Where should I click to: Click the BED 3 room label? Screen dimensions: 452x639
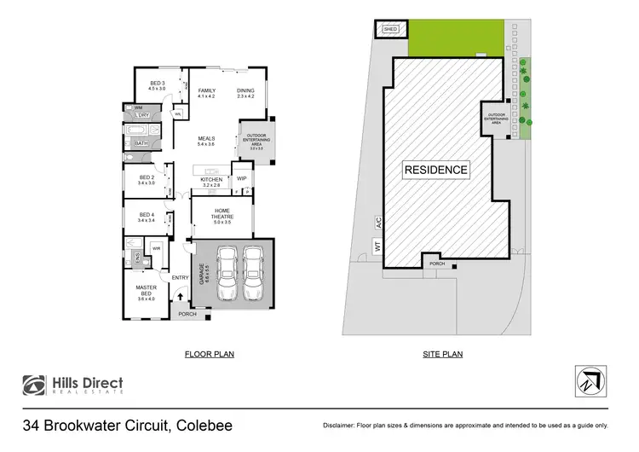tap(156, 85)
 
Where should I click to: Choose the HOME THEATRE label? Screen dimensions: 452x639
tap(222, 213)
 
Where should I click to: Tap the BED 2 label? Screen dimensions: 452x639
tap(145, 179)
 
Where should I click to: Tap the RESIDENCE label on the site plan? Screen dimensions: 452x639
tap(435, 169)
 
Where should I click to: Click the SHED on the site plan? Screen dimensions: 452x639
tap(390, 29)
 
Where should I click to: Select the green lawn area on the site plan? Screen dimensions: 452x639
tap(451, 39)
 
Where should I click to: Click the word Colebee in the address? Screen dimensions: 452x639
tap(201, 424)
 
